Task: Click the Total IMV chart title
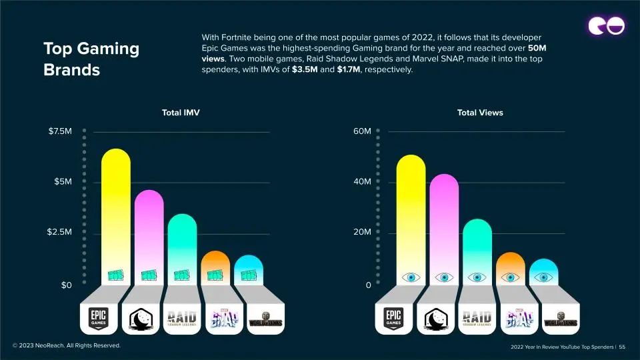pyautogui.click(x=181, y=113)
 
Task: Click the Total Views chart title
pyautogui.click(x=480, y=113)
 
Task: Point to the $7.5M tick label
pyautogui.click(x=60, y=131)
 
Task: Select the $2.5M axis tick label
pyautogui.click(x=60, y=233)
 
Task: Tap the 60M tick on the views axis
pyautogui.click(x=362, y=131)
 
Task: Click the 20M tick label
pyautogui.click(x=362, y=233)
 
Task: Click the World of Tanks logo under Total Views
pyautogui.click(x=561, y=319)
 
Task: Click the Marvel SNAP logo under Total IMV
pyautogui.click(x=221, y=318)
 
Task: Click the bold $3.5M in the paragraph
pyautogui.click(x=305, y=70)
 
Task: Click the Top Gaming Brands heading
pyautogui.click(x=91, y=59)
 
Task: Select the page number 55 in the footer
pyautogui.click(x=622, y=347)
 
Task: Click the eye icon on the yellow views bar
pyautogui.click(x=411, y=277)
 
